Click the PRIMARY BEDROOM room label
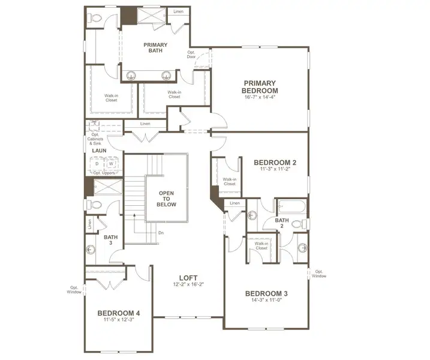259,86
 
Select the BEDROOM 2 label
275,162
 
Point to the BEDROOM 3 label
266,293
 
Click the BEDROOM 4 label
119,313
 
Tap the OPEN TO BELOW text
167,199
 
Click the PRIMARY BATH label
155,49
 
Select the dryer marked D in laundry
97,163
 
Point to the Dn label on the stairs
161,232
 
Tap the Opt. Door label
192,55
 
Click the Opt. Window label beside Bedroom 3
319,274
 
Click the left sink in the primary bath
132,75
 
